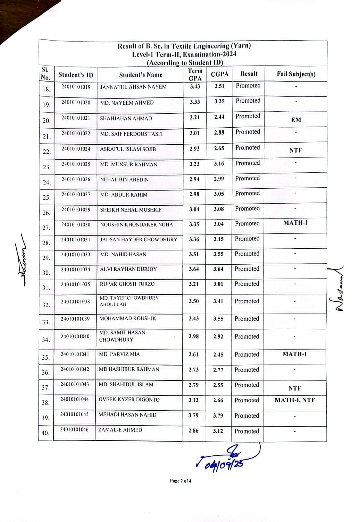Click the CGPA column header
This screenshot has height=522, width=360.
(219, 74)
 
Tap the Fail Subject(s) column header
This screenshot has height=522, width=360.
(296, 74)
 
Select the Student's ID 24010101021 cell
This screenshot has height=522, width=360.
(76, 118)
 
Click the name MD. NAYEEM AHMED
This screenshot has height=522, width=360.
(127, 103)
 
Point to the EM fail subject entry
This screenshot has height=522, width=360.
(296, 120)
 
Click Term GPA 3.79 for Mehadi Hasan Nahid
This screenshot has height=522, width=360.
(193, 415)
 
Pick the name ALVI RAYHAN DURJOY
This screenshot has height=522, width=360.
(128, 269)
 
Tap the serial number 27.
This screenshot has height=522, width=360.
(46, 228)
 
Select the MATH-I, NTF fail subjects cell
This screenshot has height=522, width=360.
(295, 400)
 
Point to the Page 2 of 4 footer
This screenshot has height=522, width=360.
(181, 481)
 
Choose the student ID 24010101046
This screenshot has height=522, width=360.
(74, 430)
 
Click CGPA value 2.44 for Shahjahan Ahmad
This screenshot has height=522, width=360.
(219, 117)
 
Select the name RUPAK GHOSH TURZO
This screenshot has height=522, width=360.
(127, 284)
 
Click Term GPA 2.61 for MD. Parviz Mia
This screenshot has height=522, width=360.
(194, 354)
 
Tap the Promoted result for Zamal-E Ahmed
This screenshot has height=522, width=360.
(246, 431)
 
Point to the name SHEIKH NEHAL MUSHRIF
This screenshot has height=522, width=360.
(131, 210)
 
